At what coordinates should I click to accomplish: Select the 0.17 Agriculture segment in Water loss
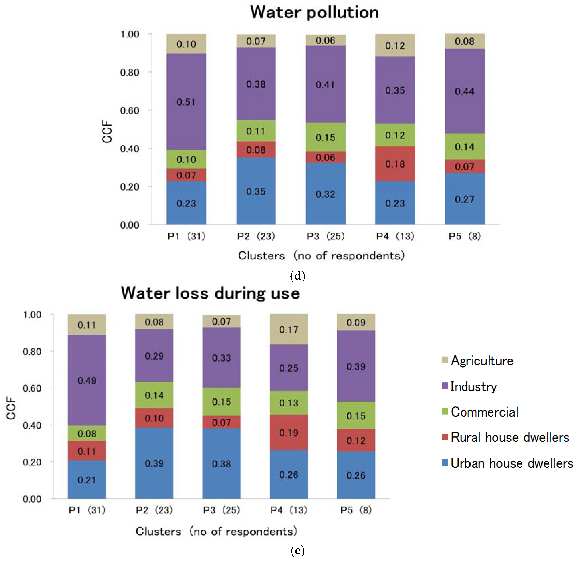pos(288,329)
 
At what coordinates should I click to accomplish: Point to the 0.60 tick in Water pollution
pos(129,110)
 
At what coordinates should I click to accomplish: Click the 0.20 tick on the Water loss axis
pos(32,462)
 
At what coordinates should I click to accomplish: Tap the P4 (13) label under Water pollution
pos(395,236)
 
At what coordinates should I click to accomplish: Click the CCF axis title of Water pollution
pos(107,132)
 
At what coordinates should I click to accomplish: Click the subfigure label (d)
pos(297,276)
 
